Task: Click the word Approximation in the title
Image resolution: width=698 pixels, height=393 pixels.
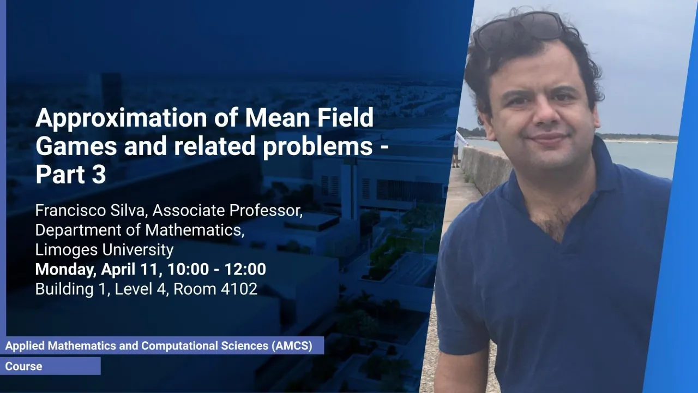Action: point(121,118)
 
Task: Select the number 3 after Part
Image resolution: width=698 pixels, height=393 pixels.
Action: point(99,174)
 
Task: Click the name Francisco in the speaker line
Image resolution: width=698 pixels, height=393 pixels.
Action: point(70,210)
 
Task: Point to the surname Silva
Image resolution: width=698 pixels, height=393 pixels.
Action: point(128,210)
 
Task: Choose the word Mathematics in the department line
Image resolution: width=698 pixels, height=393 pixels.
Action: point(194,230)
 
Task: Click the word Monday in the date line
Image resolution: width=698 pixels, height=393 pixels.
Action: point(65,269)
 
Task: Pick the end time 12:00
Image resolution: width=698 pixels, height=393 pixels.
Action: point(245,269)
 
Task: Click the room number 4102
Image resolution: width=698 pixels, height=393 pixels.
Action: point(239,289)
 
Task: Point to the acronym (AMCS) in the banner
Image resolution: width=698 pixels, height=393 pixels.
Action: point(292,346)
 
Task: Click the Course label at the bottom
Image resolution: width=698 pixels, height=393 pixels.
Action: point(23,366)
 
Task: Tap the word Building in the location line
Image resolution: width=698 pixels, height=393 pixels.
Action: point(64,289)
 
